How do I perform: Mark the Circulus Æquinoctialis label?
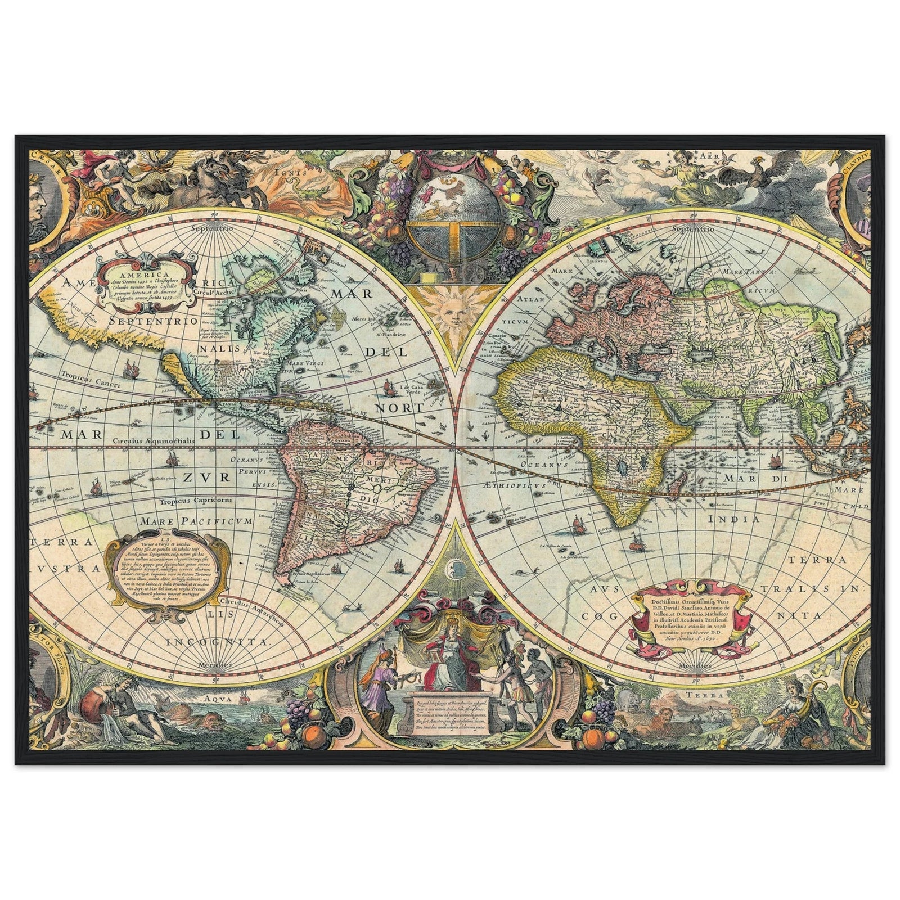pos(152,442)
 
